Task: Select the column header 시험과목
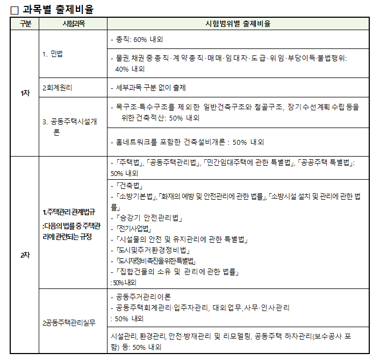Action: point(73,24)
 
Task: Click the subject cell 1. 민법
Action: point(53,54)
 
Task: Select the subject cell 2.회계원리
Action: point(58,88)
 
